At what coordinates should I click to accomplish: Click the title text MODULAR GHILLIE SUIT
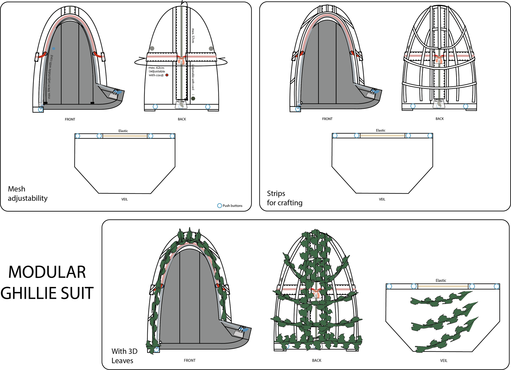47,282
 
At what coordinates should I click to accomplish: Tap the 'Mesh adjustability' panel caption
28,193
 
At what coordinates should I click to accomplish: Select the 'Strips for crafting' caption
285,198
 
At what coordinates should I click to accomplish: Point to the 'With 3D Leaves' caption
124,356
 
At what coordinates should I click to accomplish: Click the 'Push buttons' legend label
232,206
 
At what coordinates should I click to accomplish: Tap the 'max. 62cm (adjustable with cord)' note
157,71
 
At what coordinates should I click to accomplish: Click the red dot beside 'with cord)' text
167,75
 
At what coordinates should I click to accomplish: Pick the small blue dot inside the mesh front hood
54,49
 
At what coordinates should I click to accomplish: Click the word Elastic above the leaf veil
441,280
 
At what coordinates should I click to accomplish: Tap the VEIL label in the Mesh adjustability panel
124,199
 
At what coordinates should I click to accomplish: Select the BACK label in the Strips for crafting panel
440,119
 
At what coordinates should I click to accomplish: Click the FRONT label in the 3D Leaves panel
190,361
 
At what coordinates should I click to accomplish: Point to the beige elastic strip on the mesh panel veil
125,136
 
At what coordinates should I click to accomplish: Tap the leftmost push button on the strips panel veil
335,136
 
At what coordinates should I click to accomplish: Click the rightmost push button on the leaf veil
496,286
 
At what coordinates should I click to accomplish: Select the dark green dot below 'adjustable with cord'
193,99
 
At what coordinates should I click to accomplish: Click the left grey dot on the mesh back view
152,49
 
